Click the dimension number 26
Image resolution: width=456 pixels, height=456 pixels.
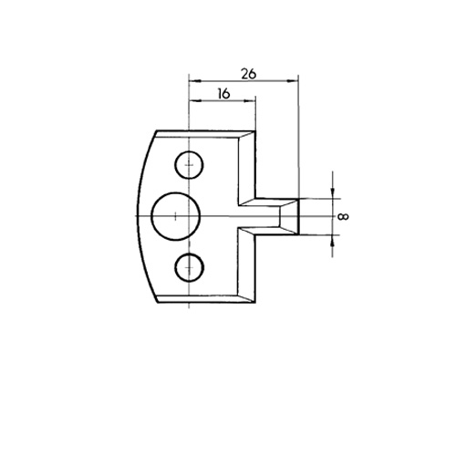coord(249,74)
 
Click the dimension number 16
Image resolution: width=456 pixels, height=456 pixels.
coord(223,94)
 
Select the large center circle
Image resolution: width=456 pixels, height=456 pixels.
coord(176,216)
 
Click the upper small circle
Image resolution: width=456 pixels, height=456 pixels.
coord(189,165)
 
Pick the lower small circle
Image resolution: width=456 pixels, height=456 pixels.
coord(189,267)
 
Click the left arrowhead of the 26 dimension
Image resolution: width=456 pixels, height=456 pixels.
coord(195,81)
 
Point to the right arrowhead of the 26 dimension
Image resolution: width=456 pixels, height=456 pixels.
coord(292,80)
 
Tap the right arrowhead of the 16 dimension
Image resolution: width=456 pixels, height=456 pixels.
coord(249,100)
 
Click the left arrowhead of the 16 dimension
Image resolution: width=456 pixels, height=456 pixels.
coord(195,100)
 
